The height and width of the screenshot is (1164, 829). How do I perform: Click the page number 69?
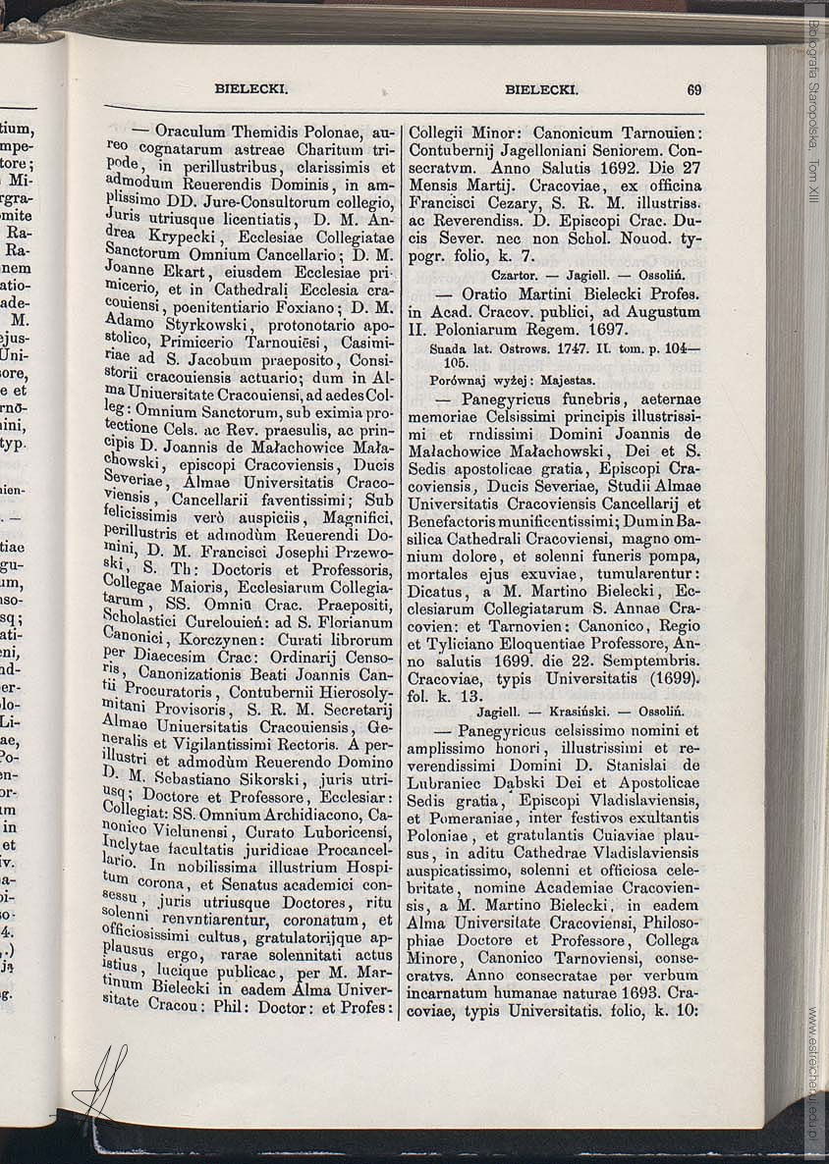click(x=693, y=89)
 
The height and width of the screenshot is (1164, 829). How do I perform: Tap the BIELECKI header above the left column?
click(x=250, y=89)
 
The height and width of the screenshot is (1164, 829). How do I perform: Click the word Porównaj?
click(x=462, y=379)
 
